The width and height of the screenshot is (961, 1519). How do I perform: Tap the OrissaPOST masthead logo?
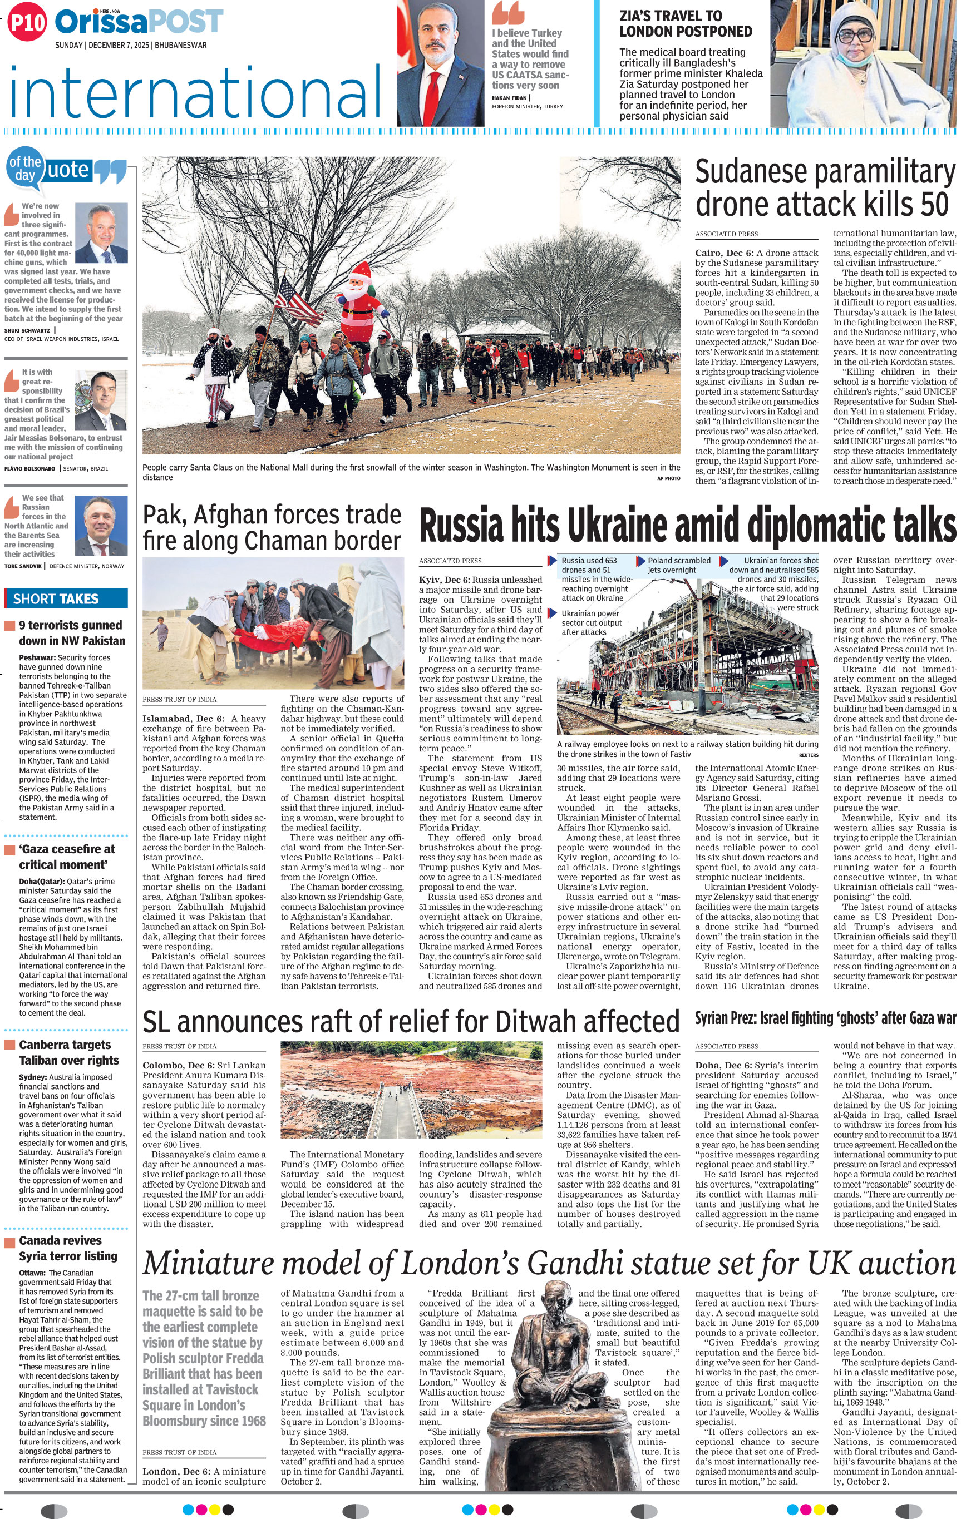click(139, 23)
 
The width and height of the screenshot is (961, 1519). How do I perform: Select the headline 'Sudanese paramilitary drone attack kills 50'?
click(825, 189)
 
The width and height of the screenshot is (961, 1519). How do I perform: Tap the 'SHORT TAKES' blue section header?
click(66, 598)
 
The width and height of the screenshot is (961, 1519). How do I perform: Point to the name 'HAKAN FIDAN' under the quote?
click(510, 98)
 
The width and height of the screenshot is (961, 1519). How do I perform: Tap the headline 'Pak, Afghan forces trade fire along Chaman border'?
click(272, 528)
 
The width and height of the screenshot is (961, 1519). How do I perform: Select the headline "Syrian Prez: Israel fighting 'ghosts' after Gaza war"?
click(825, 1017)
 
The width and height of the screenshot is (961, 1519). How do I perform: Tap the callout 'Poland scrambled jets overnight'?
click(678, 565)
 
